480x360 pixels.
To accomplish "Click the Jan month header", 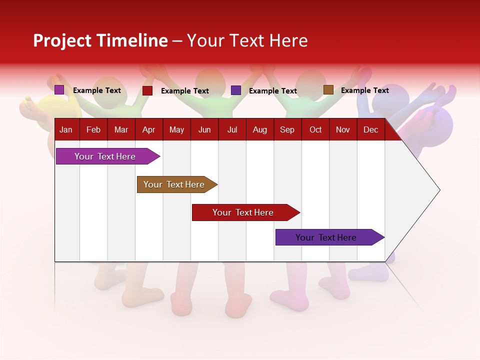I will click(66, 129).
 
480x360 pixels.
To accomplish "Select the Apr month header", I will click(148, 129).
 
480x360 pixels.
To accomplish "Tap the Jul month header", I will click(232, 129).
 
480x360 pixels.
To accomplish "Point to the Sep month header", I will click(287, 129).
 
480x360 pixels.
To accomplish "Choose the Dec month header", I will click(370, 129).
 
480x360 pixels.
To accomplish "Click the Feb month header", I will click(93, 129).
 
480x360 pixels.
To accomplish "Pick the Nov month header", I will click(342, 129).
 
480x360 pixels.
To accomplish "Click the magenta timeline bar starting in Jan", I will click(105, 156).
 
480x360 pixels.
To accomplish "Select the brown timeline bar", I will click(174, 184).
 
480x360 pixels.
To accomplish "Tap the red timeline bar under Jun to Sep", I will click(243, 212).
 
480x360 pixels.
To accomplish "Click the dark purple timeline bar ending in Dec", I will click(326, 237).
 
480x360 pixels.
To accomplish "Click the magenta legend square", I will click(59, 90).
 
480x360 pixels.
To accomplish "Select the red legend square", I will click(147, 90).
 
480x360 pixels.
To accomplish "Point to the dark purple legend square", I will click(236, 90).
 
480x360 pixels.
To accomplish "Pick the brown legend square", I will click(328, 90).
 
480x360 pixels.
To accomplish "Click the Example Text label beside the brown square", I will click(364, 90).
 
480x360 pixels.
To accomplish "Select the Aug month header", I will click(259, 129).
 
